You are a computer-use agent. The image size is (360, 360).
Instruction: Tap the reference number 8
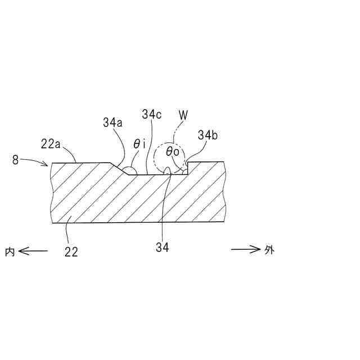[15, 160]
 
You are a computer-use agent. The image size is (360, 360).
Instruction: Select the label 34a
[112, 122]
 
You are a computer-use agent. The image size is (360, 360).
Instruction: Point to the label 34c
[152, 115]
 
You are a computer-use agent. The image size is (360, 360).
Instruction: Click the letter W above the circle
[183, 115]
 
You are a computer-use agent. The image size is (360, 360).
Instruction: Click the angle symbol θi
[139, 145]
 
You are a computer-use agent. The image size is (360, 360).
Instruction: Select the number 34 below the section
[162, 246]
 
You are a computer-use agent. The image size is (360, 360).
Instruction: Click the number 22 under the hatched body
[71, 252]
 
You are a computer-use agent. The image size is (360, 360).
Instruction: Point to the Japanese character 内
[9, 251]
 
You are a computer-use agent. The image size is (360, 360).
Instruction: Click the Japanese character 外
[269, 250]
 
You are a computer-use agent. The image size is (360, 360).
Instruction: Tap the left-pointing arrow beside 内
[33, 251]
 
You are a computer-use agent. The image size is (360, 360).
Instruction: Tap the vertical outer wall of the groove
[188, 168]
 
